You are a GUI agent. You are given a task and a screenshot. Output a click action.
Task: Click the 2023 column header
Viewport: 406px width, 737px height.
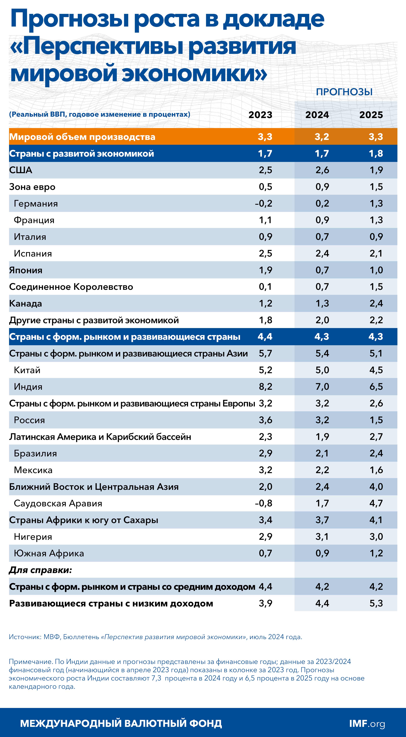click(260, 115)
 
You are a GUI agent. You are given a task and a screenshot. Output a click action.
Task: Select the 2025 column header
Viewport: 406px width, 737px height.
click(371, 115)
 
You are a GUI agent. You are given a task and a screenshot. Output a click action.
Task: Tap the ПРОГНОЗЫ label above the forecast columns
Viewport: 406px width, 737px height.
click(344, 92)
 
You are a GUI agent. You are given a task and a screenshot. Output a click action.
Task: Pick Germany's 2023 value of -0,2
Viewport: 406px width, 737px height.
click(264, 203)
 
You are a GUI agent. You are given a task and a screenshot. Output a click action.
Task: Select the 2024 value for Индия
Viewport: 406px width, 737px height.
click(322, 386)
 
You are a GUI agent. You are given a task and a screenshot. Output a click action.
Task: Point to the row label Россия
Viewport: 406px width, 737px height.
click(29, 420)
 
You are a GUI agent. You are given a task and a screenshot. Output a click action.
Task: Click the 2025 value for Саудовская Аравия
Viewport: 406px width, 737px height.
click(376, 503)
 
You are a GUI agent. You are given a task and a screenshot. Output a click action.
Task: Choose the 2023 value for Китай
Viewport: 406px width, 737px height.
click(265, 370)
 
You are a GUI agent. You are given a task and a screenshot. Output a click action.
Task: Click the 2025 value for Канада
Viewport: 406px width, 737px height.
click(376, 303)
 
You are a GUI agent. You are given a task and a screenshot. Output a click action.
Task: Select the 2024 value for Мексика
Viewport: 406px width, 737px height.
click(322, 470)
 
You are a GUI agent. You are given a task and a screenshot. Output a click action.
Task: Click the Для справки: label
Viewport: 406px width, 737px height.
click(40, 570)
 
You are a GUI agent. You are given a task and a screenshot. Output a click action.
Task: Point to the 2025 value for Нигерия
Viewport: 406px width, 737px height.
click(376, 537)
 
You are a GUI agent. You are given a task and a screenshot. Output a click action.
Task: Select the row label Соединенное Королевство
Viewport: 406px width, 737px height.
click(71, 287)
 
